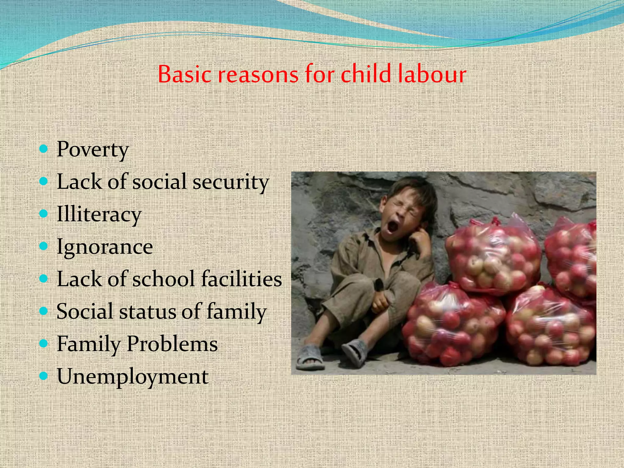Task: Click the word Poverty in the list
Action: (x=93, y=150)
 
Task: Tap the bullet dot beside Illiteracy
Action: (x=44, y=214)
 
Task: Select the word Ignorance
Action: (x=105, y=247)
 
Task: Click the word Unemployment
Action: (x=133, y=377)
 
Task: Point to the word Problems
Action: (x=172, y=344)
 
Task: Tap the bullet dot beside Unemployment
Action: (x=44, y=376)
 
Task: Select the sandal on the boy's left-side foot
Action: (x=310, y=356)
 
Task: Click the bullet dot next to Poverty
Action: (x=44, y=149)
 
